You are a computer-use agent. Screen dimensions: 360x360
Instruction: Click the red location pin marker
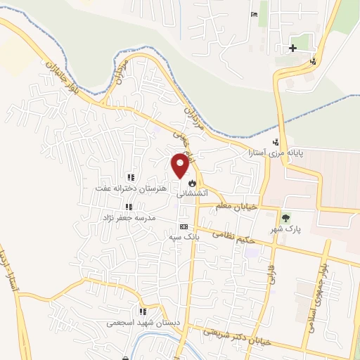coord(181,165)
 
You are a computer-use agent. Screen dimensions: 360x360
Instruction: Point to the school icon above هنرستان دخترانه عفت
coord(130,178)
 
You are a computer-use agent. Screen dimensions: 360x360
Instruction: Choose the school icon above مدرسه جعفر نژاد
coord(128,207)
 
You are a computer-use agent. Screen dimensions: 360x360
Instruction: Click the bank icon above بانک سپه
coord(184,227)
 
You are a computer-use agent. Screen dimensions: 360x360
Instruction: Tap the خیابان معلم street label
coord(239,206)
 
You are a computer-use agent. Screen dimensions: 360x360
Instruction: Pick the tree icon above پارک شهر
coord(286,217)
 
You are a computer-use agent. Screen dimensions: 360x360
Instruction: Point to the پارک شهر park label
coord(285,229)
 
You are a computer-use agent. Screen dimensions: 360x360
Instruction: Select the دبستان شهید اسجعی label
coord(136,323)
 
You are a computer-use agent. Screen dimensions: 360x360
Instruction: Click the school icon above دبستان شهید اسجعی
coord(143,311)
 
